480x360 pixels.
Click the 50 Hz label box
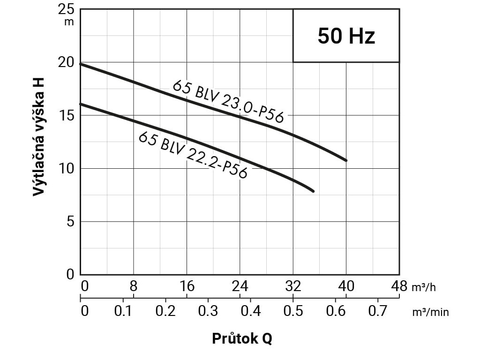click(x=346, y=36)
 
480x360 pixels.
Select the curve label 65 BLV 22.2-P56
click(x=193, y=154)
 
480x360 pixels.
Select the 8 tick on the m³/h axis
click(x=134, y=286)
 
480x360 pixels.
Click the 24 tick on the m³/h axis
click(x=240, y=286)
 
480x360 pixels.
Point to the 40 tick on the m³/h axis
click(x=346, y=286)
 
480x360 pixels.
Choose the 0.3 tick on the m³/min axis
click(x=208, y=311)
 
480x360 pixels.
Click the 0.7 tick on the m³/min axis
click(x=378, y=311)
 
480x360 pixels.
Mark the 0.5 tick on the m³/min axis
click(x=293, y=311)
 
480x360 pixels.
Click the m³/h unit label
click(x=424, y=287)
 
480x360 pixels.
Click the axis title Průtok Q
click(x=242, y=338)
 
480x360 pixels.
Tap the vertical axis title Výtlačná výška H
click(x=40, y=136)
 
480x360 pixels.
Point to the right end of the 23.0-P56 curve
click(x=346, y=160)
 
